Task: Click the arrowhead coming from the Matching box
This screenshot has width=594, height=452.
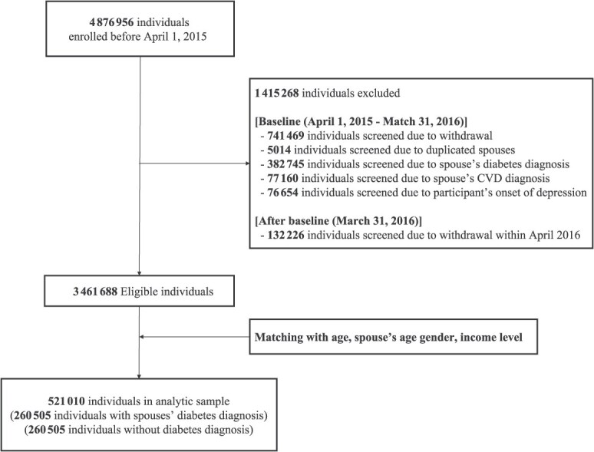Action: click(144, 335)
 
